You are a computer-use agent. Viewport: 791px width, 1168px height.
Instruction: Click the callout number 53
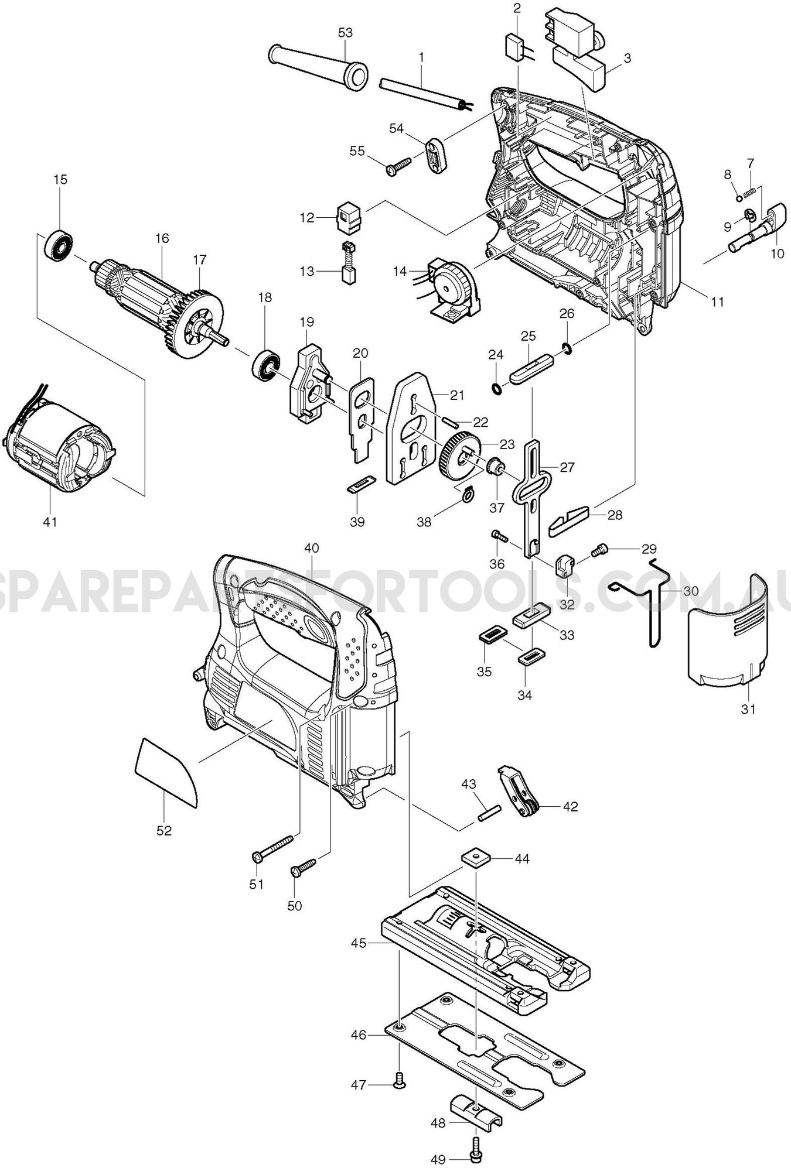click(346, 32)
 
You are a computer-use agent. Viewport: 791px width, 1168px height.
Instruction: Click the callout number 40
click(312, 548)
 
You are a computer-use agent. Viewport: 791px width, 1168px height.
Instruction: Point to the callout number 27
click(567, 467)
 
